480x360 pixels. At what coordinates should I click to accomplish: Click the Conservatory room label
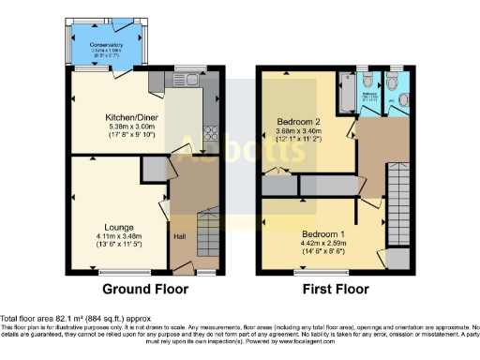(107, 45)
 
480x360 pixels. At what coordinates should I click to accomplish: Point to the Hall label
(178, 237)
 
